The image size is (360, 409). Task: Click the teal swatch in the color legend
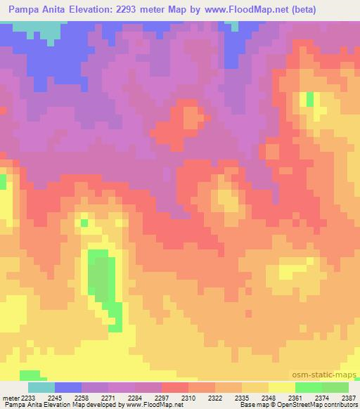pos(41,387)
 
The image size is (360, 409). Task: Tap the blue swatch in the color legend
pos(67,387)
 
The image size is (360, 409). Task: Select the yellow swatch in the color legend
pos(281,387)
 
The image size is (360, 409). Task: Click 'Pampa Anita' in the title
pos(35,10)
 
